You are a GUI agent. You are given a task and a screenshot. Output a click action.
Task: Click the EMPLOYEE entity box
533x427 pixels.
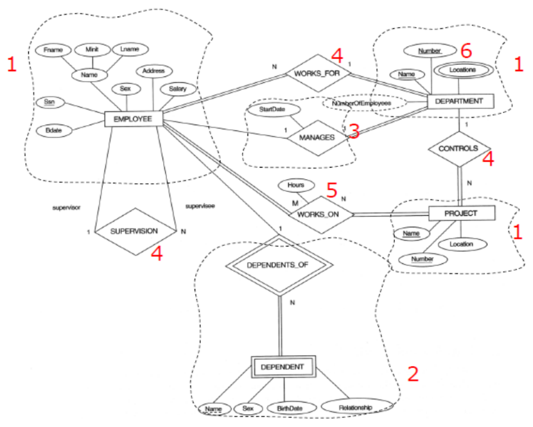132,119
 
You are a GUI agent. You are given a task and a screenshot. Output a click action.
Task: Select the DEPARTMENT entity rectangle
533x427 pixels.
460,101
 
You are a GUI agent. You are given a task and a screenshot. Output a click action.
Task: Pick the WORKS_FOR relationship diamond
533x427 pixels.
317,74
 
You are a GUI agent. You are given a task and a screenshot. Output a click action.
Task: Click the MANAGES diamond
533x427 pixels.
317,136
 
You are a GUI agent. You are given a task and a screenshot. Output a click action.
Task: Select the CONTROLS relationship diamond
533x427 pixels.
458,148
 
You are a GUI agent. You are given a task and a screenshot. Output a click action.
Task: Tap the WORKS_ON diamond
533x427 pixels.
318,214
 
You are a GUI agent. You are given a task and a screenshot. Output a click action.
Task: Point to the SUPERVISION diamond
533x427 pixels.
134,231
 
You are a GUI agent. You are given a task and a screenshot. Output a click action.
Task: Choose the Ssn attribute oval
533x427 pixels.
48,102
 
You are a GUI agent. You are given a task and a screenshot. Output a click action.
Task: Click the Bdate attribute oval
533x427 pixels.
53,130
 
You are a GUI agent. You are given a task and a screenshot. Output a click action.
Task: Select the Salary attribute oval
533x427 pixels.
177,89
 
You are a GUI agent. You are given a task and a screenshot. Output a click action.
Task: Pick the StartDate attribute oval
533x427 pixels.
272,110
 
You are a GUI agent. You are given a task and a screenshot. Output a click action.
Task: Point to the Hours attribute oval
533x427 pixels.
295,185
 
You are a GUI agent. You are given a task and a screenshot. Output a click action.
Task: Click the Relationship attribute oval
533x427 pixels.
356,406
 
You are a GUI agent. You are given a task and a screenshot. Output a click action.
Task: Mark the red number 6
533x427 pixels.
466,50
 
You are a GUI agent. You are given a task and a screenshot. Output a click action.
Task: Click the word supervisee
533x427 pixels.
199,206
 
